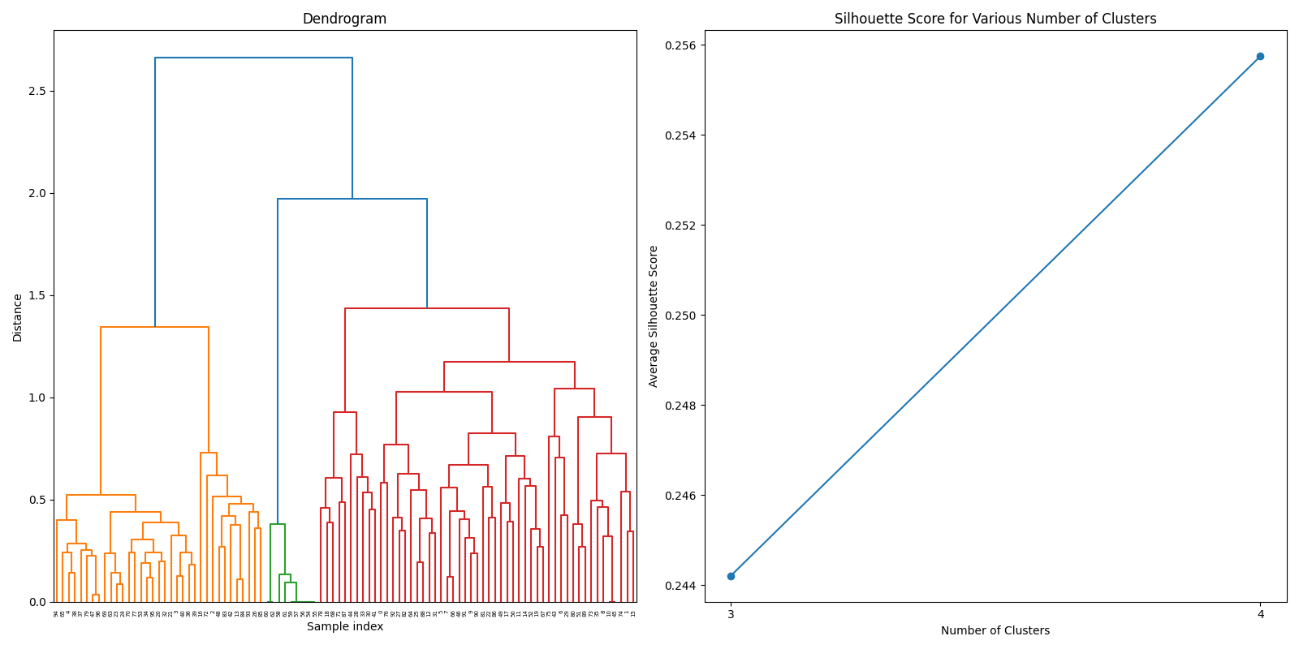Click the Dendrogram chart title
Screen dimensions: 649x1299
(x=344, y=19)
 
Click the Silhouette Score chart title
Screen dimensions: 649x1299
(x=995, y=19)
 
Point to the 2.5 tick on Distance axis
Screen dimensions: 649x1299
(x=37, y=91)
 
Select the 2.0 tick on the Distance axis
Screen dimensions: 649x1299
(x=37, y=193)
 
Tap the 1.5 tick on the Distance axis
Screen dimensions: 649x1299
(x=37, y=295)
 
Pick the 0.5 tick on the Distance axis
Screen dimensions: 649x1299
(x=37, y=500)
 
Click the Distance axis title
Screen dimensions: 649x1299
(x=18, y=316)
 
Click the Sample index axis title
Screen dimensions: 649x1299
(x=344, y=627)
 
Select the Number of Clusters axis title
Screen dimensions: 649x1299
(x=995, y=630)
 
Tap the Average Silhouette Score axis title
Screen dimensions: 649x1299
(x=654, y=316)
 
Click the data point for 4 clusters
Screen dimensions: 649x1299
(x=1260, y=56)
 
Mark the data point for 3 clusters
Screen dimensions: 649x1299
(x=731, y=576)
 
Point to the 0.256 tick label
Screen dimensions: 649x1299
(x=680, y=45)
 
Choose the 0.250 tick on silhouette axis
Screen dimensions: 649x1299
(x=680, y=316)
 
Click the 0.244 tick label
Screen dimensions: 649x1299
(x=680, y=586)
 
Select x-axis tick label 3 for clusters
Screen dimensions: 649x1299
(x=731, y=614)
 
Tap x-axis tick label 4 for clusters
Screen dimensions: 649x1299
(x=1260, y=614)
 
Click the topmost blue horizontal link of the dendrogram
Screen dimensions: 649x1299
(x=253, y=58)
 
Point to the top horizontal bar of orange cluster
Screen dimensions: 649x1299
(x=154, y=327)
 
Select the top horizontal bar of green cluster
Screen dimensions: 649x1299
(x=278, y=524)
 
